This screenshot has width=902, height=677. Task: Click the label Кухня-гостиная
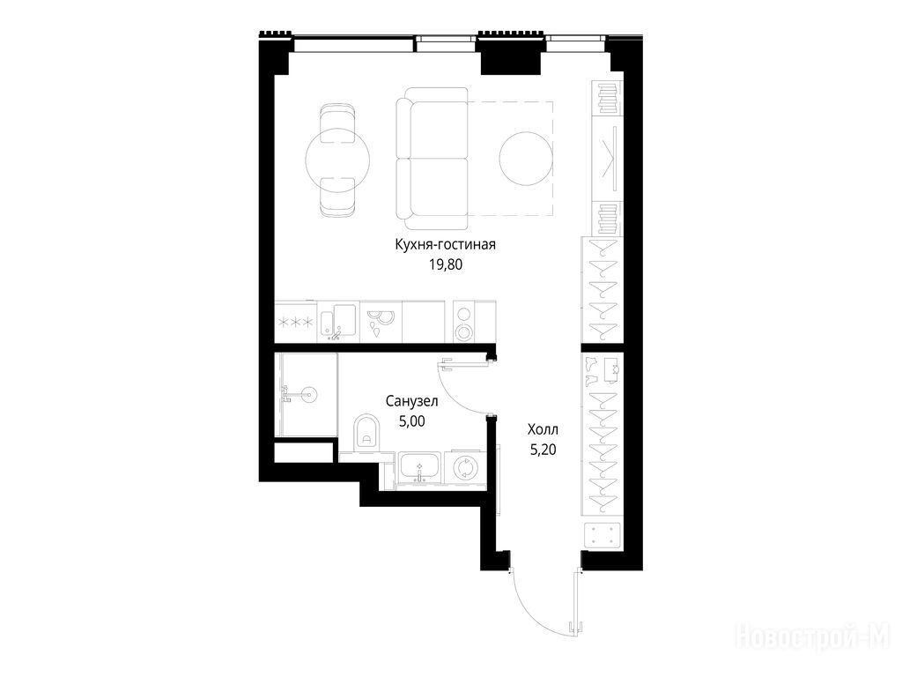(445, 245)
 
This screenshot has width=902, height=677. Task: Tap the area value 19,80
(445, 264)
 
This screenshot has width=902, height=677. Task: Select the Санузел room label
(412, 401)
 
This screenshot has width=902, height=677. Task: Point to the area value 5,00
(412, 421)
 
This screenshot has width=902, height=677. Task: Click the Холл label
(543, 429)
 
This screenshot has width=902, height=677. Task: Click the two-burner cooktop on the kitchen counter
(463, 322)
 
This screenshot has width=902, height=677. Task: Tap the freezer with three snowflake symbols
(296, 323)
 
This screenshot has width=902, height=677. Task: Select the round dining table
(337, 160)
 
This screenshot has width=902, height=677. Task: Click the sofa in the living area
(432, 159)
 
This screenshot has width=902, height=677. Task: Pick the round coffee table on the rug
(526, 159)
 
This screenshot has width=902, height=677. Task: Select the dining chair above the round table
(337, 123)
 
